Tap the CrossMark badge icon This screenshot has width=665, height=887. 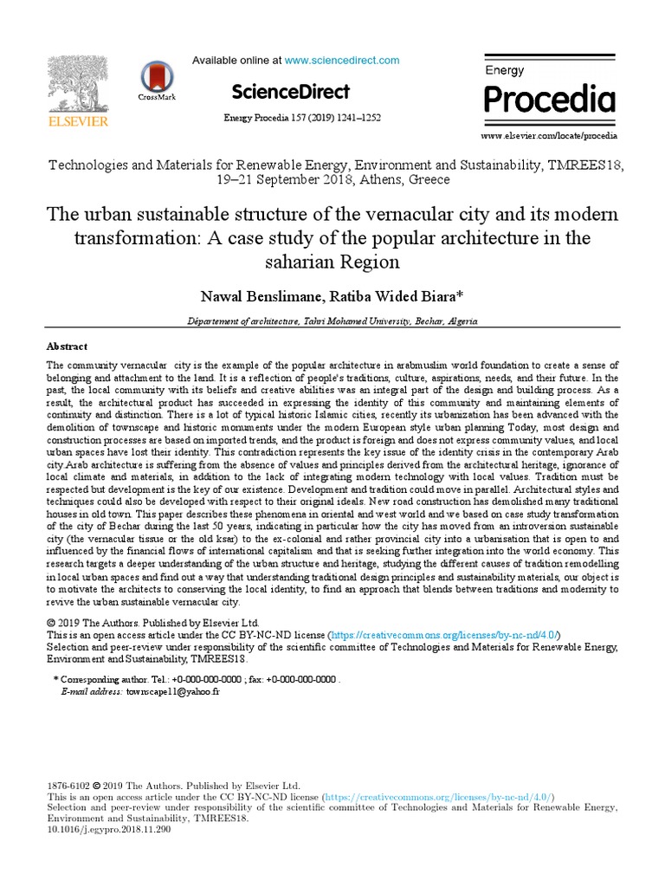tap(157, 78)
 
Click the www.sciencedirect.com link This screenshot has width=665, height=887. tap(342, 61)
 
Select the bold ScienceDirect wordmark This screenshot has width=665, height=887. tap(290, 92)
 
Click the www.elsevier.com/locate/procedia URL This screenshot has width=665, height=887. tap(549, 136)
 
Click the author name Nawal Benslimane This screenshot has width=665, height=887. tap(261, 297)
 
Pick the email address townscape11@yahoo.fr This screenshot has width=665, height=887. tap(173, 693)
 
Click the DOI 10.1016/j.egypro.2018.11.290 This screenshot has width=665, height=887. tap(109, 829)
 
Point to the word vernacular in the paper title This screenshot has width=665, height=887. tap(391, 214)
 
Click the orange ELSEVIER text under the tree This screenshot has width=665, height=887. tap(78, 122)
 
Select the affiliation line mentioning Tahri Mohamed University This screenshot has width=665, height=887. tap(332, 320)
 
